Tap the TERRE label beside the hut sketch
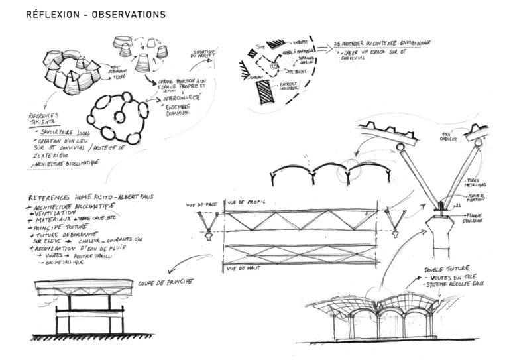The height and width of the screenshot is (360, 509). [x=120, y=77]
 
